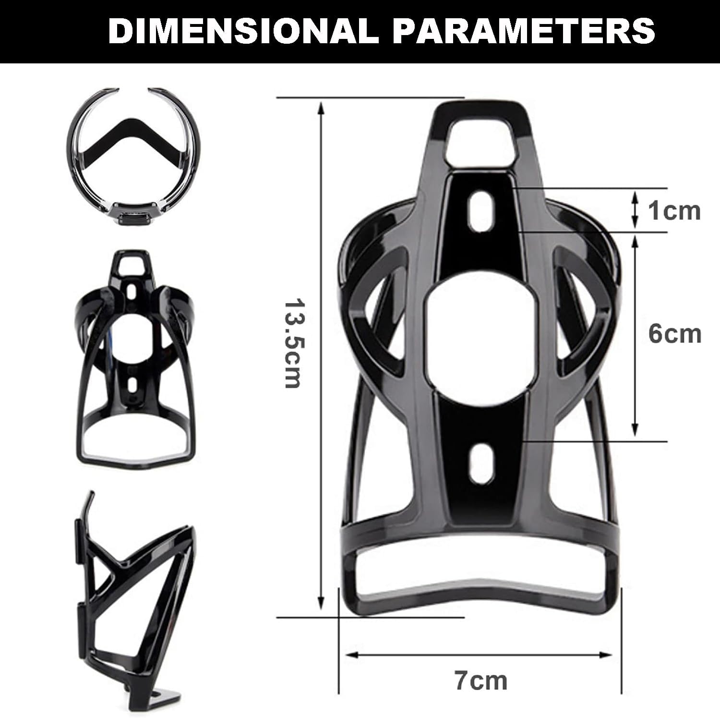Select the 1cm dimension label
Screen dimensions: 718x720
coord(674,211)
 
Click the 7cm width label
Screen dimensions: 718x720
coord(480,680)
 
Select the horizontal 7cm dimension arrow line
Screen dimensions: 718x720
coord(480,655)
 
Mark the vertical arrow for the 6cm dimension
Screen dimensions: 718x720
coord(635,336)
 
